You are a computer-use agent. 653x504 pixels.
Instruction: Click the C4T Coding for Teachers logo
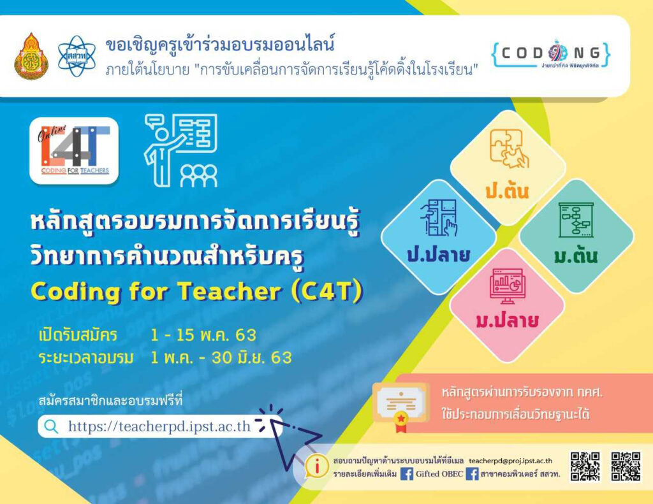[74, 150]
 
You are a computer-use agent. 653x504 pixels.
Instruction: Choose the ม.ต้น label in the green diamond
[576, 256]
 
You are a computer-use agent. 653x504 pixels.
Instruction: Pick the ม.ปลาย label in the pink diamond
[507, 320]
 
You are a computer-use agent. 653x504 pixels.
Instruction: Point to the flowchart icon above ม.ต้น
[576, 220]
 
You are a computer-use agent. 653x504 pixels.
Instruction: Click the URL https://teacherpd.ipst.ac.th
[159, 426]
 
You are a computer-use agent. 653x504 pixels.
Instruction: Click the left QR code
[585, 466]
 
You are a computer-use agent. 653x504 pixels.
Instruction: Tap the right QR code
[625, 466]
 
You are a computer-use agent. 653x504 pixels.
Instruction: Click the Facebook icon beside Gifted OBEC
[406, 474]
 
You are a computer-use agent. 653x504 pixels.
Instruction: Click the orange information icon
[314, 466]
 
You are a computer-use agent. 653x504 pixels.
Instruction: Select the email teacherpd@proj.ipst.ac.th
[510, 460]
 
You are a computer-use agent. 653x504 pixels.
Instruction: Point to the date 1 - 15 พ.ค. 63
[203, 335]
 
